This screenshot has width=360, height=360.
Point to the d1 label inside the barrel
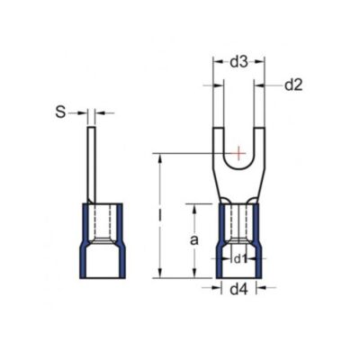238,260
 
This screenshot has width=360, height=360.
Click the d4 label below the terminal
238,289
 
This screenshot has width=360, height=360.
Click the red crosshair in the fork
238,155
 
